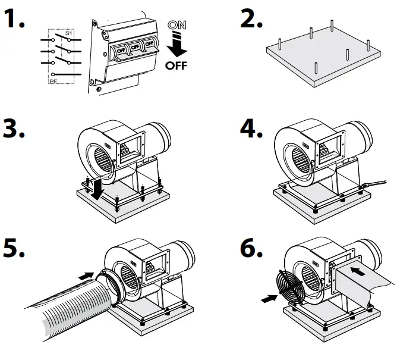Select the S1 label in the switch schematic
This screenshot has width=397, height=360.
tap(68, 34)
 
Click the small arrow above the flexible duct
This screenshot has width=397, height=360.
tap(86, 276)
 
